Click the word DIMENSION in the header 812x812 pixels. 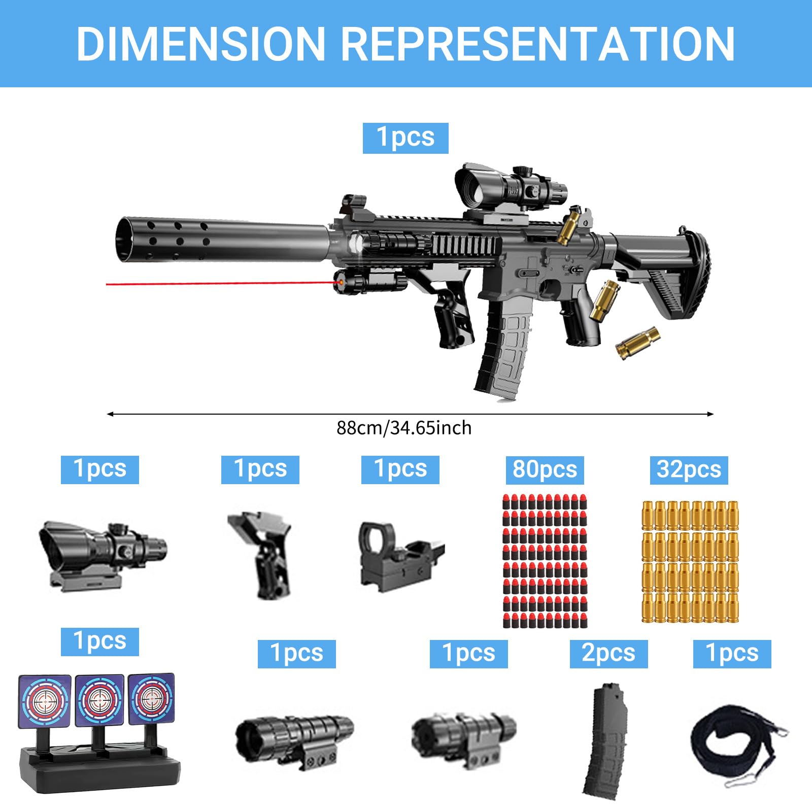click(x=201, y=44)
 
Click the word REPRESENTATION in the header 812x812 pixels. click(x=538, y=44)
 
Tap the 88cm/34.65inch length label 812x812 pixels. click(x=404, y=428)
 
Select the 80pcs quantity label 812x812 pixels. click(x=545, y=469)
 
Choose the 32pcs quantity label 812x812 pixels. click(x=689, y=469)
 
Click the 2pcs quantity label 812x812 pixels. click(x=608, y=654)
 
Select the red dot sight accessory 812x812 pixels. click(x=401, y=557)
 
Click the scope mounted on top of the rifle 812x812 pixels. click(x=510, y=185)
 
